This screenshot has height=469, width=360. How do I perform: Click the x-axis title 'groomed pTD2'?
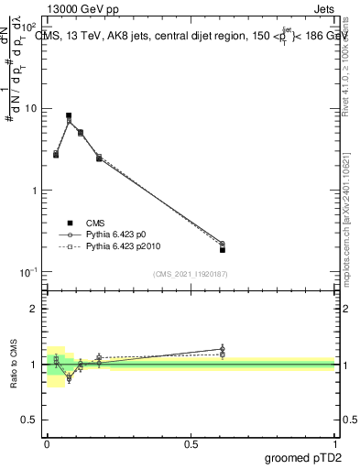pos(299,457)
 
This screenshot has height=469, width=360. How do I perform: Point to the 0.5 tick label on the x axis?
pos(191,443)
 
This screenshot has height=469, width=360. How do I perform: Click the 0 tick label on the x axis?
pos(47,443)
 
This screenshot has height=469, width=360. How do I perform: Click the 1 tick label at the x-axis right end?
pos(334,443)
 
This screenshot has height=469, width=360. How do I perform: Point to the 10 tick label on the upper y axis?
pos(32,109)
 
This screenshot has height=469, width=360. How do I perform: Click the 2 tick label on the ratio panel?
pos(38,309)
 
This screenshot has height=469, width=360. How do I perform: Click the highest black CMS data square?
pos(69,115)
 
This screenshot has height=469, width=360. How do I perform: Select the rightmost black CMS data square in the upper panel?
pos(223,250)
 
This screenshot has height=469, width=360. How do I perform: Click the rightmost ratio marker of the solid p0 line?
pos(223,348)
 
